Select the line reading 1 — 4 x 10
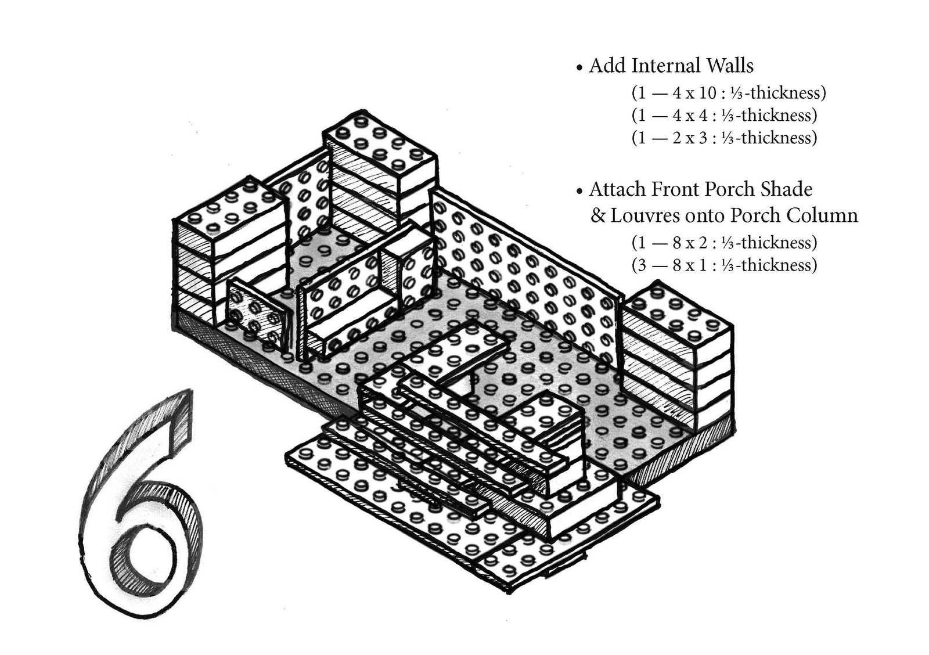click(x=728, y=93)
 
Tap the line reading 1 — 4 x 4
click(x=724, y=116)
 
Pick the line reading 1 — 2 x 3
click(x=724, y=138)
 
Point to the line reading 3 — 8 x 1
click(x=724, y=265)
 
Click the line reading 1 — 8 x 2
click(x=724, y=243)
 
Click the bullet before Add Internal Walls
click(x=579, y=69)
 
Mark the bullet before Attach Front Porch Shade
click(x=579, y=192)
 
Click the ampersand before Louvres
click(x=598, y=216)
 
